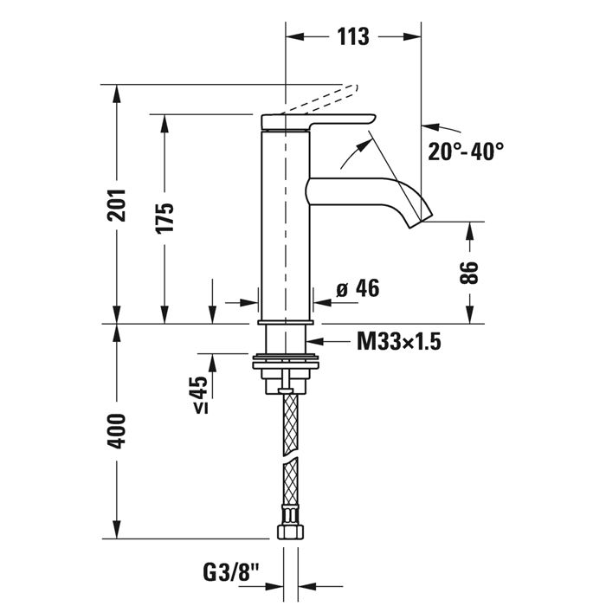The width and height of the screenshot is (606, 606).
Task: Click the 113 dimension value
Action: (x=354, y=37)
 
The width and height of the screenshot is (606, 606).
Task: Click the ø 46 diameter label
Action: (x=358, y=289)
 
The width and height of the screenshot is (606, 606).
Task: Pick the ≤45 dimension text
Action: (x=200, y=394)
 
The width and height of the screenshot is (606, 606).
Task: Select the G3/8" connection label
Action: (x=230, y=572)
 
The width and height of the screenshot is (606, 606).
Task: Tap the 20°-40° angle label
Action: (x=466, y=151)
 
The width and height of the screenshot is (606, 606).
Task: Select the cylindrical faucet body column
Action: (x=285, y=225)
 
